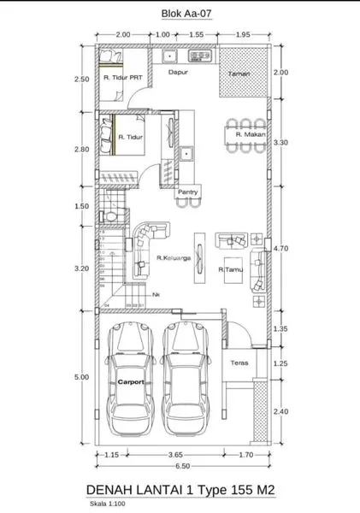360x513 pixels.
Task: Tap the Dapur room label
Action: [x=177, y=74]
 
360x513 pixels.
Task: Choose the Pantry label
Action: [x=188, y=193]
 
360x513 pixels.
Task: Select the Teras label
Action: [x=239, y=363]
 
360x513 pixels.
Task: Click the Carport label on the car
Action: [x=131, y=382]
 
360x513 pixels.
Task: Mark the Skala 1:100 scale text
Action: [x=106, y=504]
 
